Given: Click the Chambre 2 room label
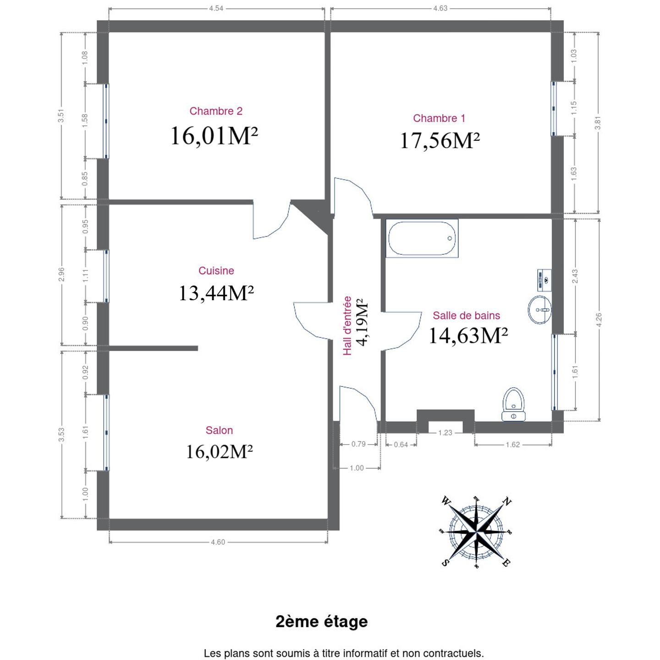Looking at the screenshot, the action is click(216, 111).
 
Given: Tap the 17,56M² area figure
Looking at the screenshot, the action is click(440, 140).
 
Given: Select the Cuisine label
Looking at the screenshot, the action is click(216, 270).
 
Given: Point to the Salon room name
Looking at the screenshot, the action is click(219, 430).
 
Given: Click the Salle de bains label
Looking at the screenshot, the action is click(466, 315).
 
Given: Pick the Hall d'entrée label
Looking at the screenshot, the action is click(347, 326).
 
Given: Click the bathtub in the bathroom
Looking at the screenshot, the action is click(422, 238).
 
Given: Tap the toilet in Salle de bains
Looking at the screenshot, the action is click(513, 404).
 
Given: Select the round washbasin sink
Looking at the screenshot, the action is click(539, 310).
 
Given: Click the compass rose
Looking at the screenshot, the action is click(476, 532).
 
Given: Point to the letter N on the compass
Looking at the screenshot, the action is click(506, 502).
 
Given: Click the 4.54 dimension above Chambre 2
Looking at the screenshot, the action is click(216, 9).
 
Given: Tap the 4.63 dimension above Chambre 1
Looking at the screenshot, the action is click(440, 9).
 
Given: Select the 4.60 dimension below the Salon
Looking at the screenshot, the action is click(218, 542).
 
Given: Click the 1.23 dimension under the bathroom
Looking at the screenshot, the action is click(445, 433).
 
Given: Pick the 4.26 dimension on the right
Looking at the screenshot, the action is click(599, 320).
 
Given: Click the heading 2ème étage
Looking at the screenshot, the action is click(322, 621).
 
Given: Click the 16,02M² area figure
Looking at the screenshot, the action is click(219, 452).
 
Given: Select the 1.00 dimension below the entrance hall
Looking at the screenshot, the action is click(357, 468).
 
